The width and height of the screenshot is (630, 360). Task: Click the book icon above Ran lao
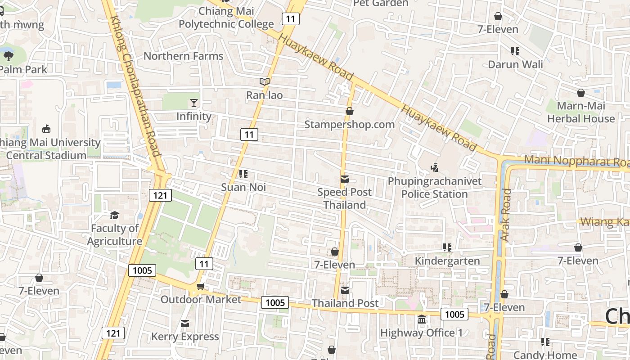(x=265, y=81)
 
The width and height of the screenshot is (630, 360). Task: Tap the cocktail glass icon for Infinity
(x=193, y=103)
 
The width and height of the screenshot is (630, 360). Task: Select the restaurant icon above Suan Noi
(x=243, y=174)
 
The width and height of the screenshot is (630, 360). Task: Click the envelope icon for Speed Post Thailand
(x=345, y=179)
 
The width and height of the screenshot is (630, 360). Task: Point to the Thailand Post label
(x=345, y=303)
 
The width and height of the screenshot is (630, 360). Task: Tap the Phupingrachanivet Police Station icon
(x=434, y=168)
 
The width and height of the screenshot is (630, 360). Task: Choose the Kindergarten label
(x=447, y=261)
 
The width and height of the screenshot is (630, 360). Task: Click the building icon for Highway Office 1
(x=422, y=319)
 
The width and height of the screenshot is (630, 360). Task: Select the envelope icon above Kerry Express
(x=185, y=324)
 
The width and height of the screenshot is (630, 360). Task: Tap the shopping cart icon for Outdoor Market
(x=201, y=286)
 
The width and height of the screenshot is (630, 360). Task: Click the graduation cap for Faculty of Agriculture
(x=114, y=215)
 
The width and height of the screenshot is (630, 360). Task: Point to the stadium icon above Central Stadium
(x=46, y=129)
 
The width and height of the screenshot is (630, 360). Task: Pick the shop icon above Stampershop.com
(x=349, y=111)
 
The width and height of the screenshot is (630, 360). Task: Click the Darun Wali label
(x=515, y=64)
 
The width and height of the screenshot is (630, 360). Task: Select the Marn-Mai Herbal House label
(x=580, y=112)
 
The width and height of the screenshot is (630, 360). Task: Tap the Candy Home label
(x=545, y=355)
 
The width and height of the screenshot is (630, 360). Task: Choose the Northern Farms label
(x=183, y=56)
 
